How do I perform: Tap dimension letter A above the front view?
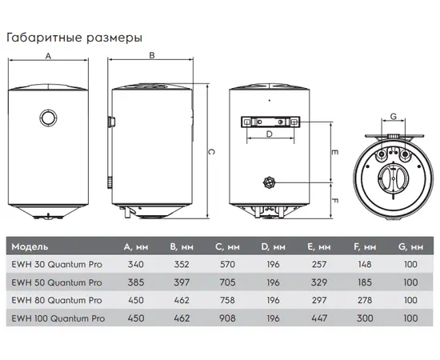pos(48,56)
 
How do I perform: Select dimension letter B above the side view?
pos(152,55)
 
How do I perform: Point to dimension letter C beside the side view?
pos(211,152)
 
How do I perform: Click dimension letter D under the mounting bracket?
pos(270,134)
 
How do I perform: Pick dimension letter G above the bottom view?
pos(394,116)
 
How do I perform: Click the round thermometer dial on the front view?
pos(49,118)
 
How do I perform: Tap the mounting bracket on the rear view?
pos(270,122)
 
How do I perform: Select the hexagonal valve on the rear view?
pos(270,183)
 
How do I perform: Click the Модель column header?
pos(30,246)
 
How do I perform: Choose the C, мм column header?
pos(227,246)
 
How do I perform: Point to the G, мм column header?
pos(410,246)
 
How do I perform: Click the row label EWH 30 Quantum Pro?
pos(57,264)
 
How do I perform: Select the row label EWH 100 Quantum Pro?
pos(58,318)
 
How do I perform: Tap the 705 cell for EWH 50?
pos(227,282)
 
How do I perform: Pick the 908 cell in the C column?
pos(227,318)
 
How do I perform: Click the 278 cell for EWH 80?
pos(365,300)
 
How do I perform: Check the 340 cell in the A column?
pos(136,264)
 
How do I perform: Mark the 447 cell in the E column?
pos(319,318)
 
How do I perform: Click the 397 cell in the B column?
pos(182,282)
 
